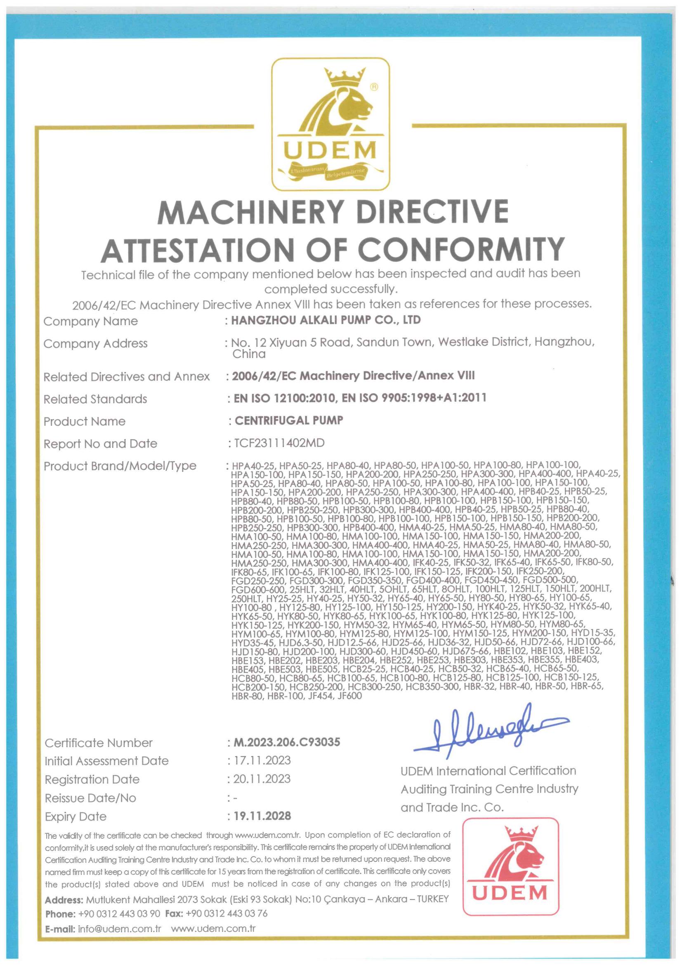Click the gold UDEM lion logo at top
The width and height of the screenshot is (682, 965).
(330, 124)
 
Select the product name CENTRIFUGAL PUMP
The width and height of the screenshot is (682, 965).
(289, 420)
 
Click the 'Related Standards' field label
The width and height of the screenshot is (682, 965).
(95, 399)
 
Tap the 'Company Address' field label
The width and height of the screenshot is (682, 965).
(95, 343)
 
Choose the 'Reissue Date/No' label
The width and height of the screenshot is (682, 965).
(90, 798)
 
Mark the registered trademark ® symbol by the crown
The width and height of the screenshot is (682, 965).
(373, 87)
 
